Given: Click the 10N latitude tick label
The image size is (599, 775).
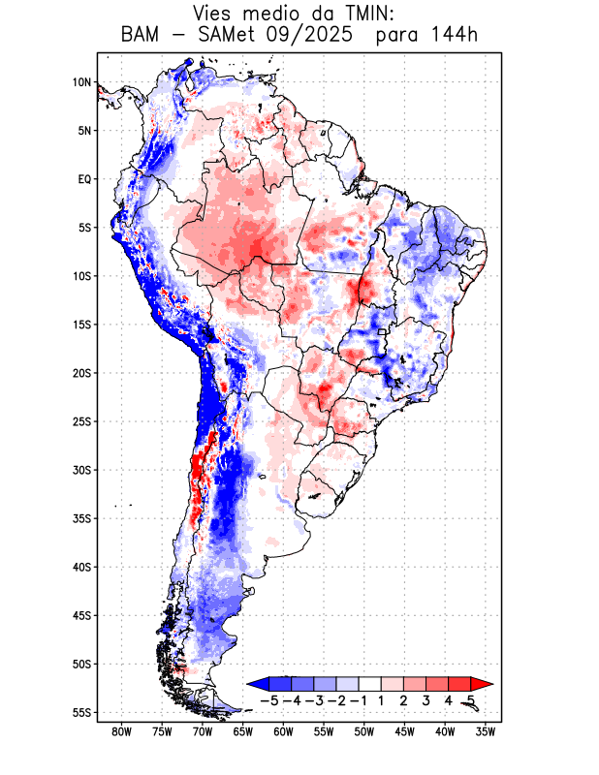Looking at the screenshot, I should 81,82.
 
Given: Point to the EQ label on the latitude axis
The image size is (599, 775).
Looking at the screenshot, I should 84,179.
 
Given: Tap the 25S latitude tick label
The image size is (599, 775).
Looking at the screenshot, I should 81,421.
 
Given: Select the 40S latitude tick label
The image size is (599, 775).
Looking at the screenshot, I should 81,567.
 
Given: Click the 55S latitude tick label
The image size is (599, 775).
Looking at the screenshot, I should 81,712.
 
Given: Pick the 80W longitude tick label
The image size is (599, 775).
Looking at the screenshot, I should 122,732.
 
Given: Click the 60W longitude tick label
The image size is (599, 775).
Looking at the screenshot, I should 284,732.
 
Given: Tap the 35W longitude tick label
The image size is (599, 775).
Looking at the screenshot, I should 486,732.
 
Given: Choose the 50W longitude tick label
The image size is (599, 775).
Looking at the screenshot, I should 364,732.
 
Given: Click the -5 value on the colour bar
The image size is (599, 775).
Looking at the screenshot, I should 270,699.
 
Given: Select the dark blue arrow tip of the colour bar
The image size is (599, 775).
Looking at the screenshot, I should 255,684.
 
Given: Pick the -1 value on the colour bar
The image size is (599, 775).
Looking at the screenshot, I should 359,699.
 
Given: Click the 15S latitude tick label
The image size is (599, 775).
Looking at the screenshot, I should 81,325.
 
